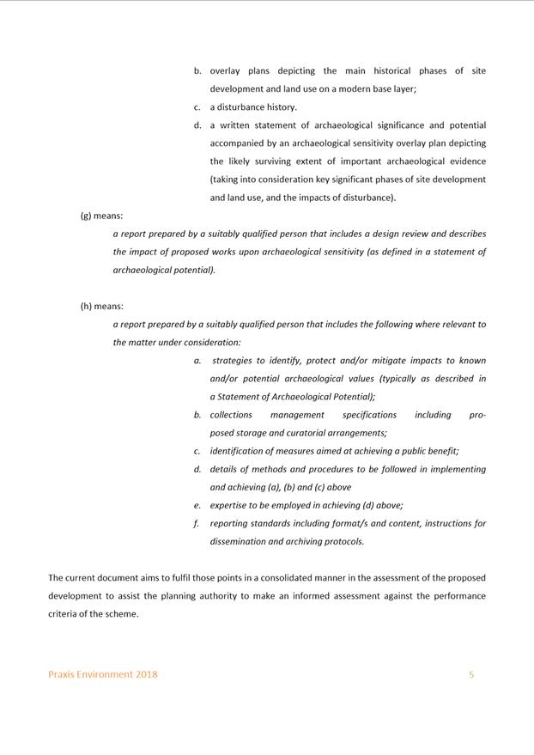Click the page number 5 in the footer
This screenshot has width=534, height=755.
pyautogui.click(x=471, y=674)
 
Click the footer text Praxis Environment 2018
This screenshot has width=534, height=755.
pyautogui.click(x=103, y=674)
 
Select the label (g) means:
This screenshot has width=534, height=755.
pyautogui.click(x=101, y=216)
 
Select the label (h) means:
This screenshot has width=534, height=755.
pyautogui.click(x=101, y=306)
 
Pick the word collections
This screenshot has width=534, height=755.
pyautogui.click(x=231, y=415)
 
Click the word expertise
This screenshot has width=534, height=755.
pyautogui.click(x=232, y=505)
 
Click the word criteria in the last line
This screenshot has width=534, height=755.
pyautogui.click(x=63, y=614)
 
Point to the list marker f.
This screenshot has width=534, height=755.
pyautogui.click(x=197, y=523)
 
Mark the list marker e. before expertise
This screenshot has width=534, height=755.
pyautogui.click(x=197, y=505)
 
